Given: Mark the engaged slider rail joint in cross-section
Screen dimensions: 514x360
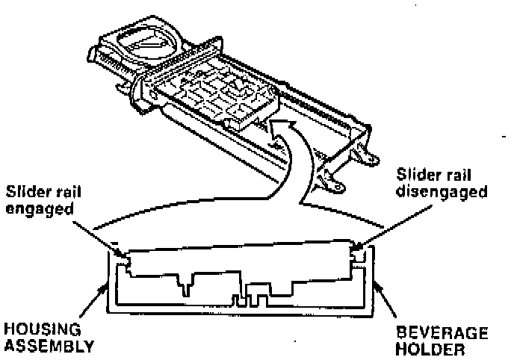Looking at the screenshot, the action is point(125,260).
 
